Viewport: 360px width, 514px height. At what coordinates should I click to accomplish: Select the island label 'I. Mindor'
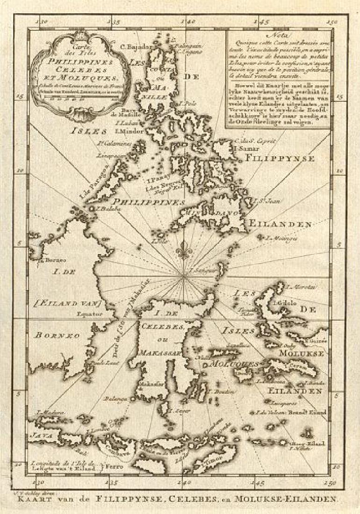pos(129,131)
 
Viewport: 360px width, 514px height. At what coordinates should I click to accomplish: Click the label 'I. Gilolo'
pos(288,302)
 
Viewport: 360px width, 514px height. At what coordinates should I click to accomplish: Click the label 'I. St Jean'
pos(263,201)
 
